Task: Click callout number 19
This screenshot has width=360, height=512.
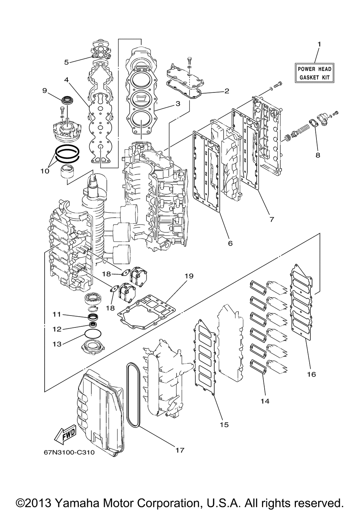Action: [x=189, y=276]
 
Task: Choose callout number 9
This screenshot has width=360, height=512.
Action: [x=45, y=91]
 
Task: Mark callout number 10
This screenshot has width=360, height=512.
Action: [x=45, y=171]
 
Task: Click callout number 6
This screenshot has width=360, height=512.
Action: [x=230, y=243]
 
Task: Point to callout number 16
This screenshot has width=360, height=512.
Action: [x=311, y=374]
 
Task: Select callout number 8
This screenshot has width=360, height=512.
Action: [x=318, y=155]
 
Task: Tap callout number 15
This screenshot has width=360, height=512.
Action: [x=224, y=425]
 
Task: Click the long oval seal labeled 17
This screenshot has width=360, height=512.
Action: [x=129, y=396]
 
